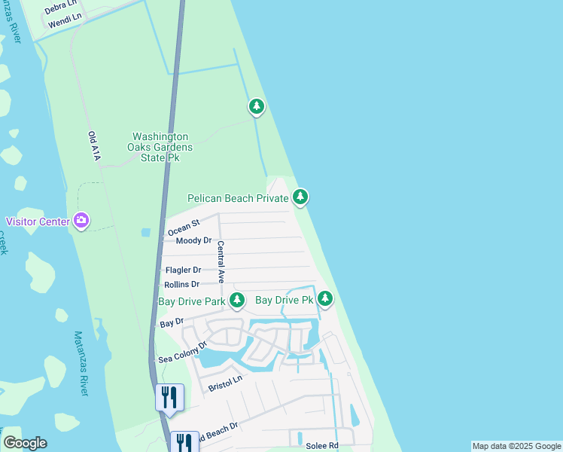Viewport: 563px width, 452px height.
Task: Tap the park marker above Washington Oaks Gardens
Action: click(257, 107)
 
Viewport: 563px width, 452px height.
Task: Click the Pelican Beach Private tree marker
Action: click(301, 197)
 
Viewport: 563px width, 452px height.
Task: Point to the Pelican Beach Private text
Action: click(238, 198)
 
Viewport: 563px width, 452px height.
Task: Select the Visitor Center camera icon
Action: click(81, 221)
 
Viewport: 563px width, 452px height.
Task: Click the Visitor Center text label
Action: click(38, 221)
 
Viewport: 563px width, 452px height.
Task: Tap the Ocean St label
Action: click(184, 226)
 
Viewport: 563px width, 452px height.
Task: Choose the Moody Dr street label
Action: click(193, 241)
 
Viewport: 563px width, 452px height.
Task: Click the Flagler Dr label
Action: click(183, 270)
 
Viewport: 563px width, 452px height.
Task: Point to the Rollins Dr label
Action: click(182, 285)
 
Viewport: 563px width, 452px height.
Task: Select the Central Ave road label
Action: click(221, 261)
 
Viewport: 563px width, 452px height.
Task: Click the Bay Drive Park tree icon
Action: click(237, 301)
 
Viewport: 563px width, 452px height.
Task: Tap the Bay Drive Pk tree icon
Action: click(325, 299)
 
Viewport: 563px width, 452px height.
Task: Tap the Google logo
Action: click(25, 443)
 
